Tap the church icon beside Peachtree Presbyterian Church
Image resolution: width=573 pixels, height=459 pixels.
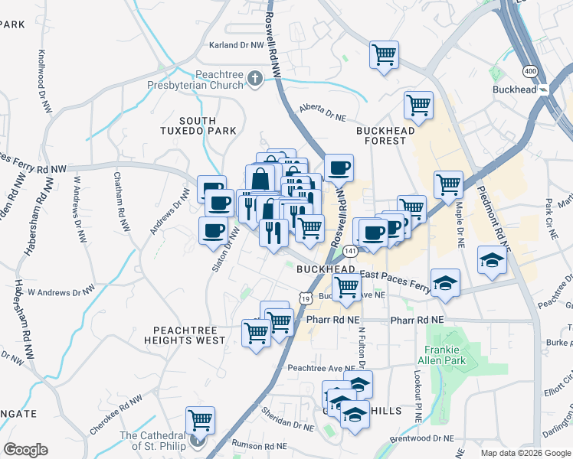(254, 79)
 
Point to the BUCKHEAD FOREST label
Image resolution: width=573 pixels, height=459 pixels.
(385, 135)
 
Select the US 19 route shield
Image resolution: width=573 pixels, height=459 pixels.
(305, 298)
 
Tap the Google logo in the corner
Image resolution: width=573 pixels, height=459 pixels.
(25, 450)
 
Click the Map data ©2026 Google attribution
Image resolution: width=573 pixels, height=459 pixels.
(526, 453)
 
